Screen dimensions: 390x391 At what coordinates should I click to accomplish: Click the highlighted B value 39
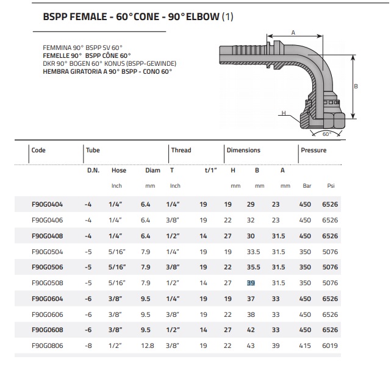point(250,283)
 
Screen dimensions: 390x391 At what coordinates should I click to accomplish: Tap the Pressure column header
point(314,151)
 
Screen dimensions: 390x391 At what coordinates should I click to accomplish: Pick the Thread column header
point(181,151)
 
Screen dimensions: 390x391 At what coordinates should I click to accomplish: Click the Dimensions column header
point(243,151)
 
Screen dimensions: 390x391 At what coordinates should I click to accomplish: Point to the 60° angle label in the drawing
point(326,133)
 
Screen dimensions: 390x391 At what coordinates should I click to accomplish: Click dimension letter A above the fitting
point(293,32)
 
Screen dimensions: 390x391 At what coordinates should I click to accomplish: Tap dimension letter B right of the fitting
point(356,87)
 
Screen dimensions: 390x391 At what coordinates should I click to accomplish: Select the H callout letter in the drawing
point(284,113)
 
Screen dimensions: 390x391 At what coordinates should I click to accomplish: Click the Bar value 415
point(305,346)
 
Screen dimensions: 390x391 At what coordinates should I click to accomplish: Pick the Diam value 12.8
point(148,346)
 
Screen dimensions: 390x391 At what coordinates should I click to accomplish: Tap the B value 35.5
point(254,267)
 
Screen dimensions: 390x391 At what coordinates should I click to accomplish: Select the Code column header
point(38,151)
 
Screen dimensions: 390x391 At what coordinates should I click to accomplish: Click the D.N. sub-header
point(93,171)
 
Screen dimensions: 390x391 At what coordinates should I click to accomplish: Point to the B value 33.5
point(254,251)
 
